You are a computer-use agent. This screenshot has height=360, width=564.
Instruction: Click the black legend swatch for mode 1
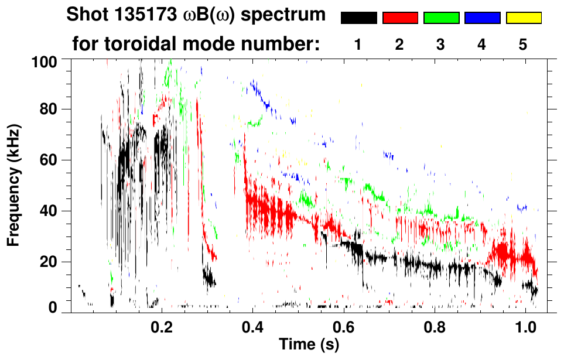tap(358, 18)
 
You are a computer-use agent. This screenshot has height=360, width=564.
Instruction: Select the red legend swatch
tap(400, 18)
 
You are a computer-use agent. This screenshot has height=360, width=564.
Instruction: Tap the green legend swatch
tap(441, 18)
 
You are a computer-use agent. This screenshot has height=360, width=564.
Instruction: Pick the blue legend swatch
tap(482, 18)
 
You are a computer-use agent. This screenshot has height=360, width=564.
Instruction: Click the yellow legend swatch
tap(524, 18)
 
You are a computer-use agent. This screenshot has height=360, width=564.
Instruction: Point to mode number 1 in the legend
tap(358, 45)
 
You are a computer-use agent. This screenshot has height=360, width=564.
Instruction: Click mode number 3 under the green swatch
tap(440, 45)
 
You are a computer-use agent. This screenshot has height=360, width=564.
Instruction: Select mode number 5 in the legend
tap(523, 45)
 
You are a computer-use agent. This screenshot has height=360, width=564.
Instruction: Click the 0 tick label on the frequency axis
tap(57, 307)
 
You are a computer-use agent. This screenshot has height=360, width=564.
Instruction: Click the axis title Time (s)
tap(309, 345)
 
